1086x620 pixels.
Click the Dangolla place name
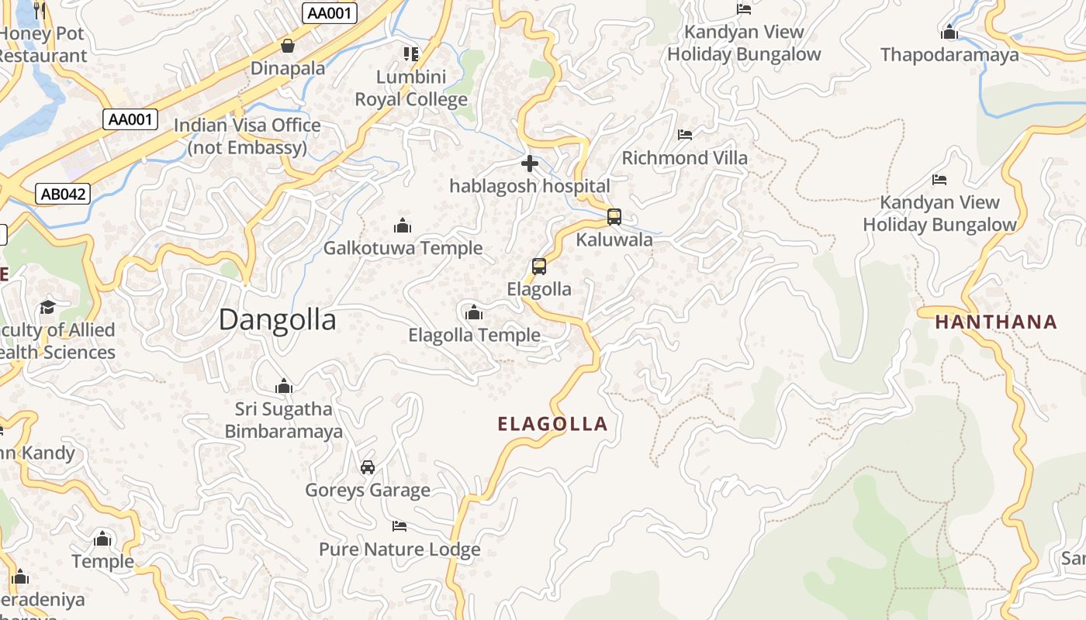pyautogui.click(x=277, y=319)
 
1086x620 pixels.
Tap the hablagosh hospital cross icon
pyautogui.click(x=530, y=164)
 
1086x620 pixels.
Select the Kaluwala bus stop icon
pyautogui.click(x=614, y=217)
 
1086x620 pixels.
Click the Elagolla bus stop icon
pyautogui.click(x=539, y=267)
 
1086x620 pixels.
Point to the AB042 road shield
pyautogui.click(x=63, y=194)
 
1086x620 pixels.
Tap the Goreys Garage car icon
pyautogui.click(x=368, y=467)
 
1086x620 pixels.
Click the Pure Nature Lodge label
pyautogui.click(x=399, y=549)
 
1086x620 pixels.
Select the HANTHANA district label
pyautogui.click(x=996, y=322)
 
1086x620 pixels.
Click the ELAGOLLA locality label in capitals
pyautogui.click(x=552, y=424)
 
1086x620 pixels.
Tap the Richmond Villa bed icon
pyautogui.click(x=685, y=135)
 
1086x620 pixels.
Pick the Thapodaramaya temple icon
pyautogui.click(x=949, y=33)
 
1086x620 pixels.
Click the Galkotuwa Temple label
pyautogui.click(x=403, y=248)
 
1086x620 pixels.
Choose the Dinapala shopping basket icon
pyautogui.click(x=288, y=46)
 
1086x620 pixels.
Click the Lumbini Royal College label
pyautogui.click(x=411, y=88)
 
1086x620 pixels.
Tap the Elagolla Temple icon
pyautogui.click(x=474, y=313)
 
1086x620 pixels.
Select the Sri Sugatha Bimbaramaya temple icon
pyautogui.click(x=284, y=386)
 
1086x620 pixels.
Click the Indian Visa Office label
pyautogui.click(x=247, y=136)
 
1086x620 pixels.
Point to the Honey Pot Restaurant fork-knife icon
pyautogui.click(x=40, y=10)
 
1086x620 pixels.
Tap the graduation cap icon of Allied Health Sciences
pyautogui.click(x=48, y=307)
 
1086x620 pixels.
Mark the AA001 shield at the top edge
pyautogui.click(x=329, y=12)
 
